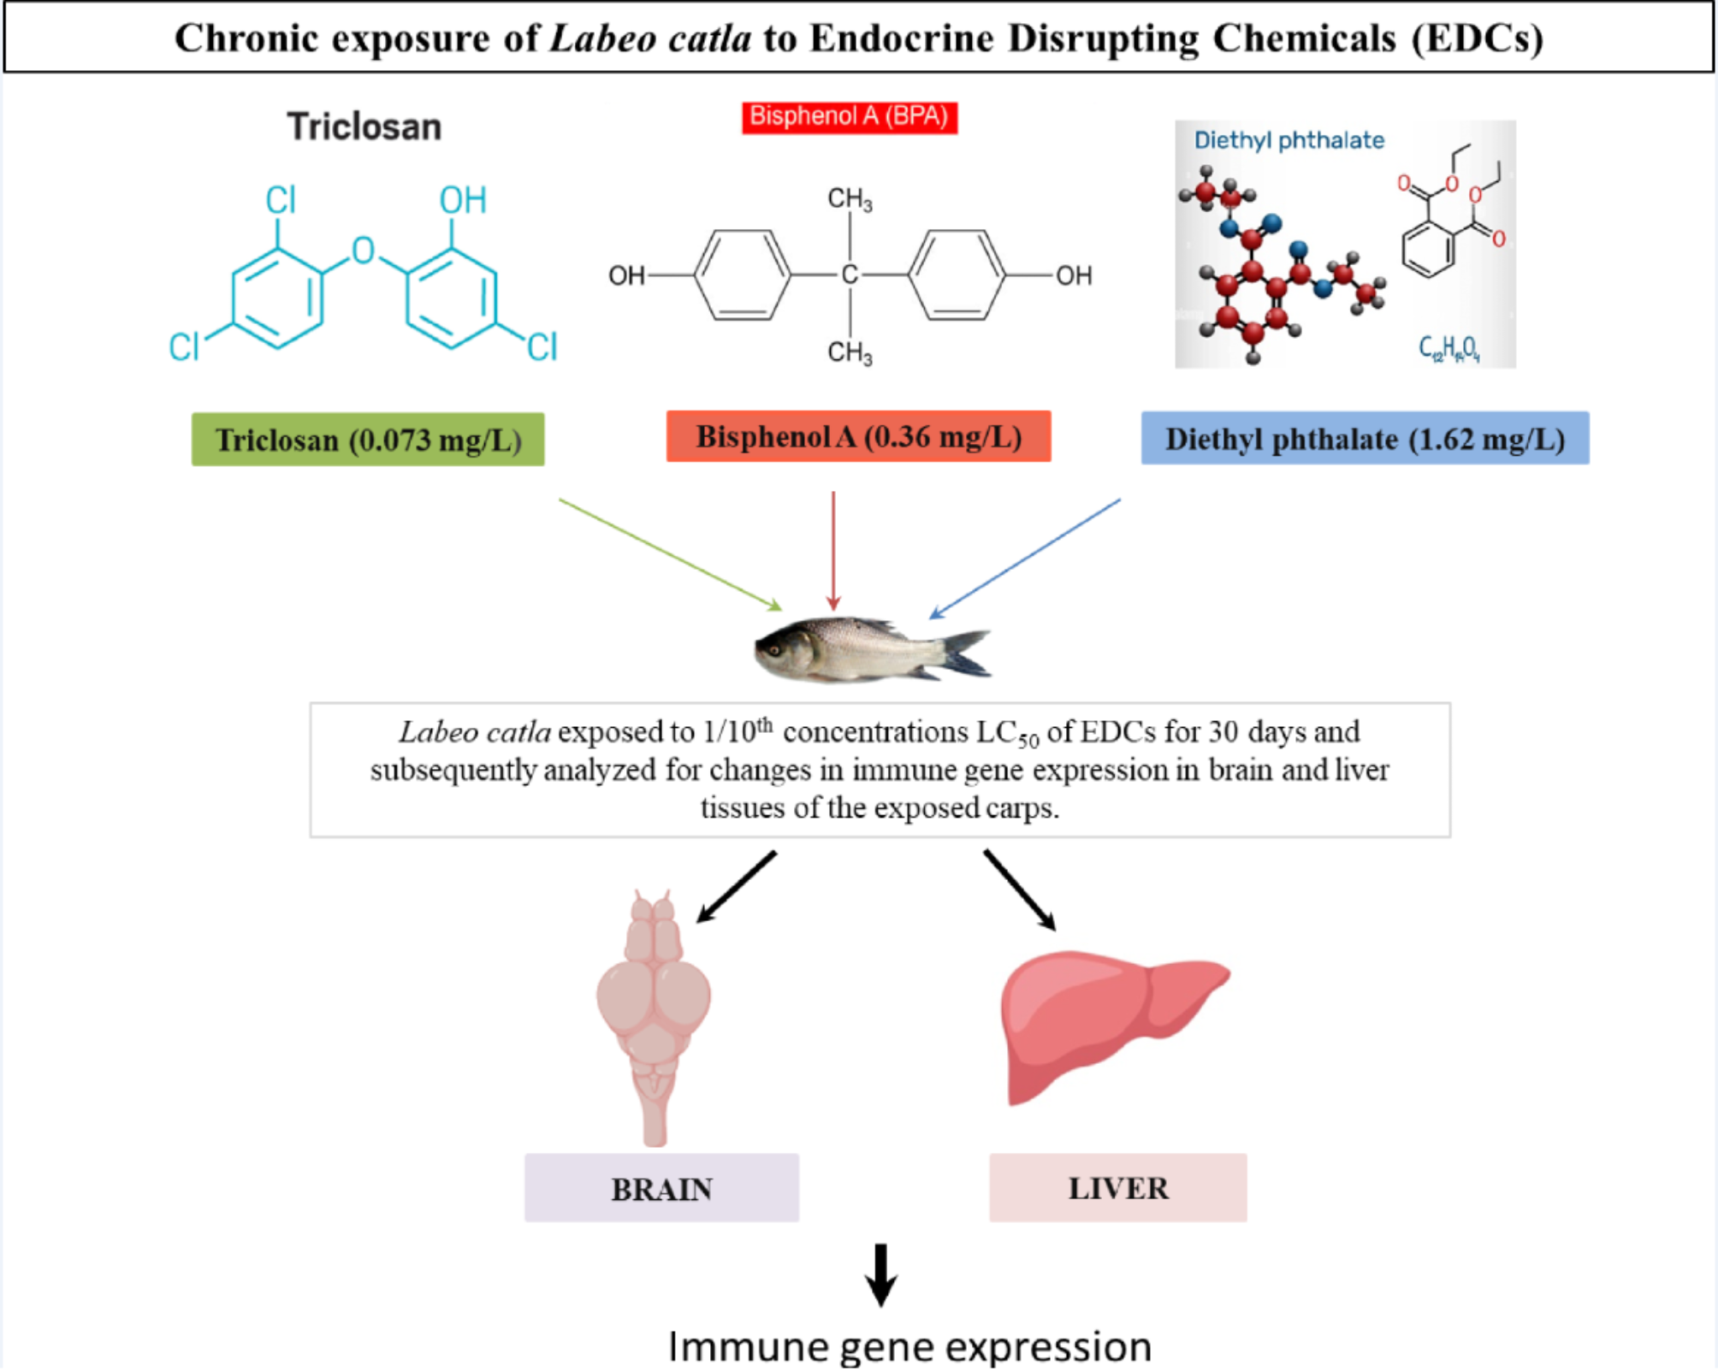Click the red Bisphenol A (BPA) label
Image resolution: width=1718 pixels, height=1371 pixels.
tap(849, 117)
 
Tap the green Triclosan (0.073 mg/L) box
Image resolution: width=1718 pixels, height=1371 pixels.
tap(368, 440)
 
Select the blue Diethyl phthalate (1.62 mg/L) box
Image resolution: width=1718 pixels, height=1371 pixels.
tap(1365, 439)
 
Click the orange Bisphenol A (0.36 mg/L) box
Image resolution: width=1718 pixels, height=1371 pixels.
tap(858, 437)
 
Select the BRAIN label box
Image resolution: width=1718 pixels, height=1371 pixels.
tap(661, 1188)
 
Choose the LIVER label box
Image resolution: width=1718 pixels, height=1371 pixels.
tap(1117, 1187)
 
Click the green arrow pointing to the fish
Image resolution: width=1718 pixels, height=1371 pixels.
tap(669, 554)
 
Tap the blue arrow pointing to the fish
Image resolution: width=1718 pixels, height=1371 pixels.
tap(1025, 558)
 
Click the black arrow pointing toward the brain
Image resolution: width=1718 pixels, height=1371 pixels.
tap(737, 886)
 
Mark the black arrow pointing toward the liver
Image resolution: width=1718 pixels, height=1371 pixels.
tap(1019, 889)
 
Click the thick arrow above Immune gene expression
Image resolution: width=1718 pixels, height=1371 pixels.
tap(880, 1274)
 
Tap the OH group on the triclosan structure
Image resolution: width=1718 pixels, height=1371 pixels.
tap(463, 200)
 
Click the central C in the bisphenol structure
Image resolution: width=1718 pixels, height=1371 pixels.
tap(850, 275)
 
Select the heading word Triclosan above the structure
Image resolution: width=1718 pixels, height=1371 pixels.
tap(364, 127)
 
